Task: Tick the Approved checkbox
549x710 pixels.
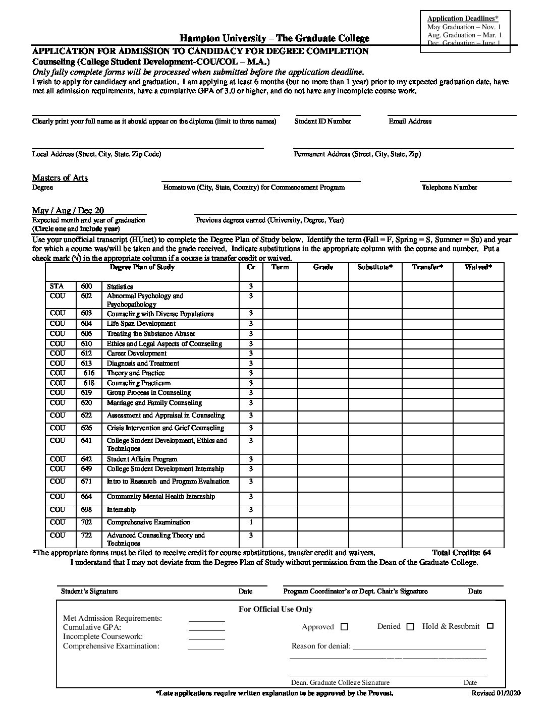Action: (x=345, y=627)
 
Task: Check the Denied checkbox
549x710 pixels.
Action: (x=410, y=627)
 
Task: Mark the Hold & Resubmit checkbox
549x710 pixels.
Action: (x=490, y=626)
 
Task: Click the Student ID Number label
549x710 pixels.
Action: (x=323, y=122)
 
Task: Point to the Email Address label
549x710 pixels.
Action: (x=410, y=122)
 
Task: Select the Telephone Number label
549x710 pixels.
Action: (x=449, y=188)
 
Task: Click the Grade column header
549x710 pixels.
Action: (x=323, y=267)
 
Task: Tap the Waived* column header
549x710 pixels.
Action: (x=478, y=267)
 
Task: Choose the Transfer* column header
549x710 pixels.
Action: (x=427, y=267)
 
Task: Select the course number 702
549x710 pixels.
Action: (x=86, y=522)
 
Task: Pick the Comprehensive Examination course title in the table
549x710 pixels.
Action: (x=148, y=522)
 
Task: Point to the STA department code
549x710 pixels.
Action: (x=57, y=286)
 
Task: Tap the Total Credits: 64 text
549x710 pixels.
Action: (x=461, y=553)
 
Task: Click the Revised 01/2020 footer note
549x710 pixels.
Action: (x=495, y=693)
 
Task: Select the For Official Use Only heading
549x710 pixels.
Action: (x=276, y=609)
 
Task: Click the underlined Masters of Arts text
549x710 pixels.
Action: (x=60, y=178)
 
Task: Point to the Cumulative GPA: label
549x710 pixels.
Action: (x=92, y=628)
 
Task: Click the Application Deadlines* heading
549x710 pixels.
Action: (x=463, y=19)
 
